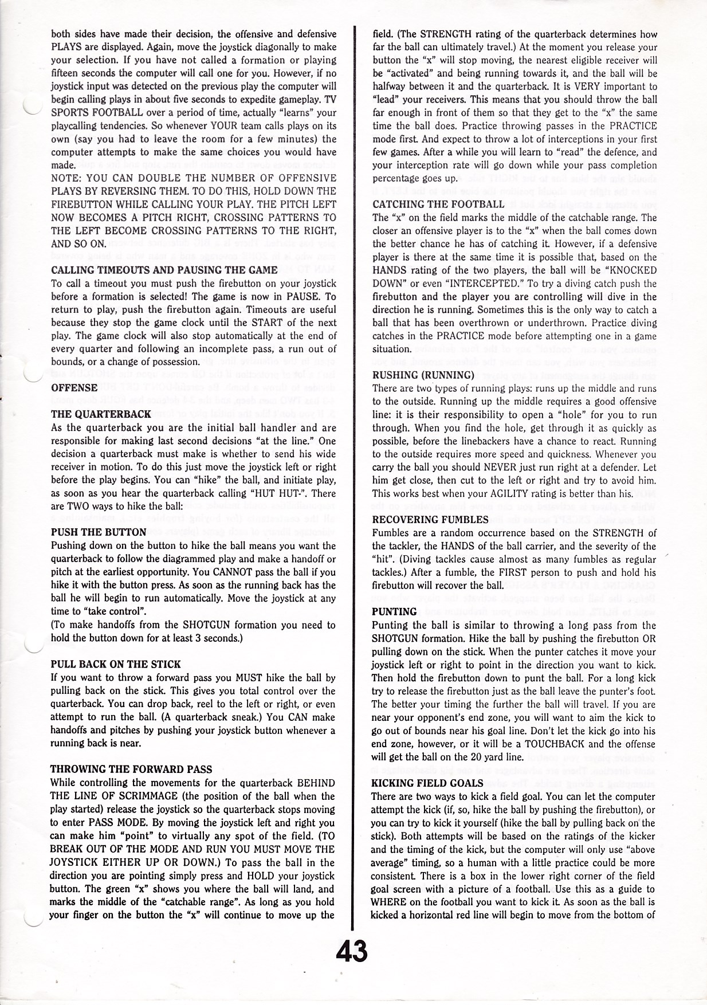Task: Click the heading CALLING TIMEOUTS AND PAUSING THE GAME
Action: [x=164, y=270]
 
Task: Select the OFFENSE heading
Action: [x=74, y=387]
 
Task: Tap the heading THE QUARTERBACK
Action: [x=101, y=414]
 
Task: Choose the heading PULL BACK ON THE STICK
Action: [x=116, y=664]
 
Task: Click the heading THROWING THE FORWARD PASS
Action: [x=131, y=769]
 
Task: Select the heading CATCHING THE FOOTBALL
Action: [x=438, y=204]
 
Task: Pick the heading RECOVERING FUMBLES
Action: [x=430, y=520]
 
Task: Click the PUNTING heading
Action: [x=394, y=611]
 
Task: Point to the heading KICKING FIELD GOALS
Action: [x=427, y=783]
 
